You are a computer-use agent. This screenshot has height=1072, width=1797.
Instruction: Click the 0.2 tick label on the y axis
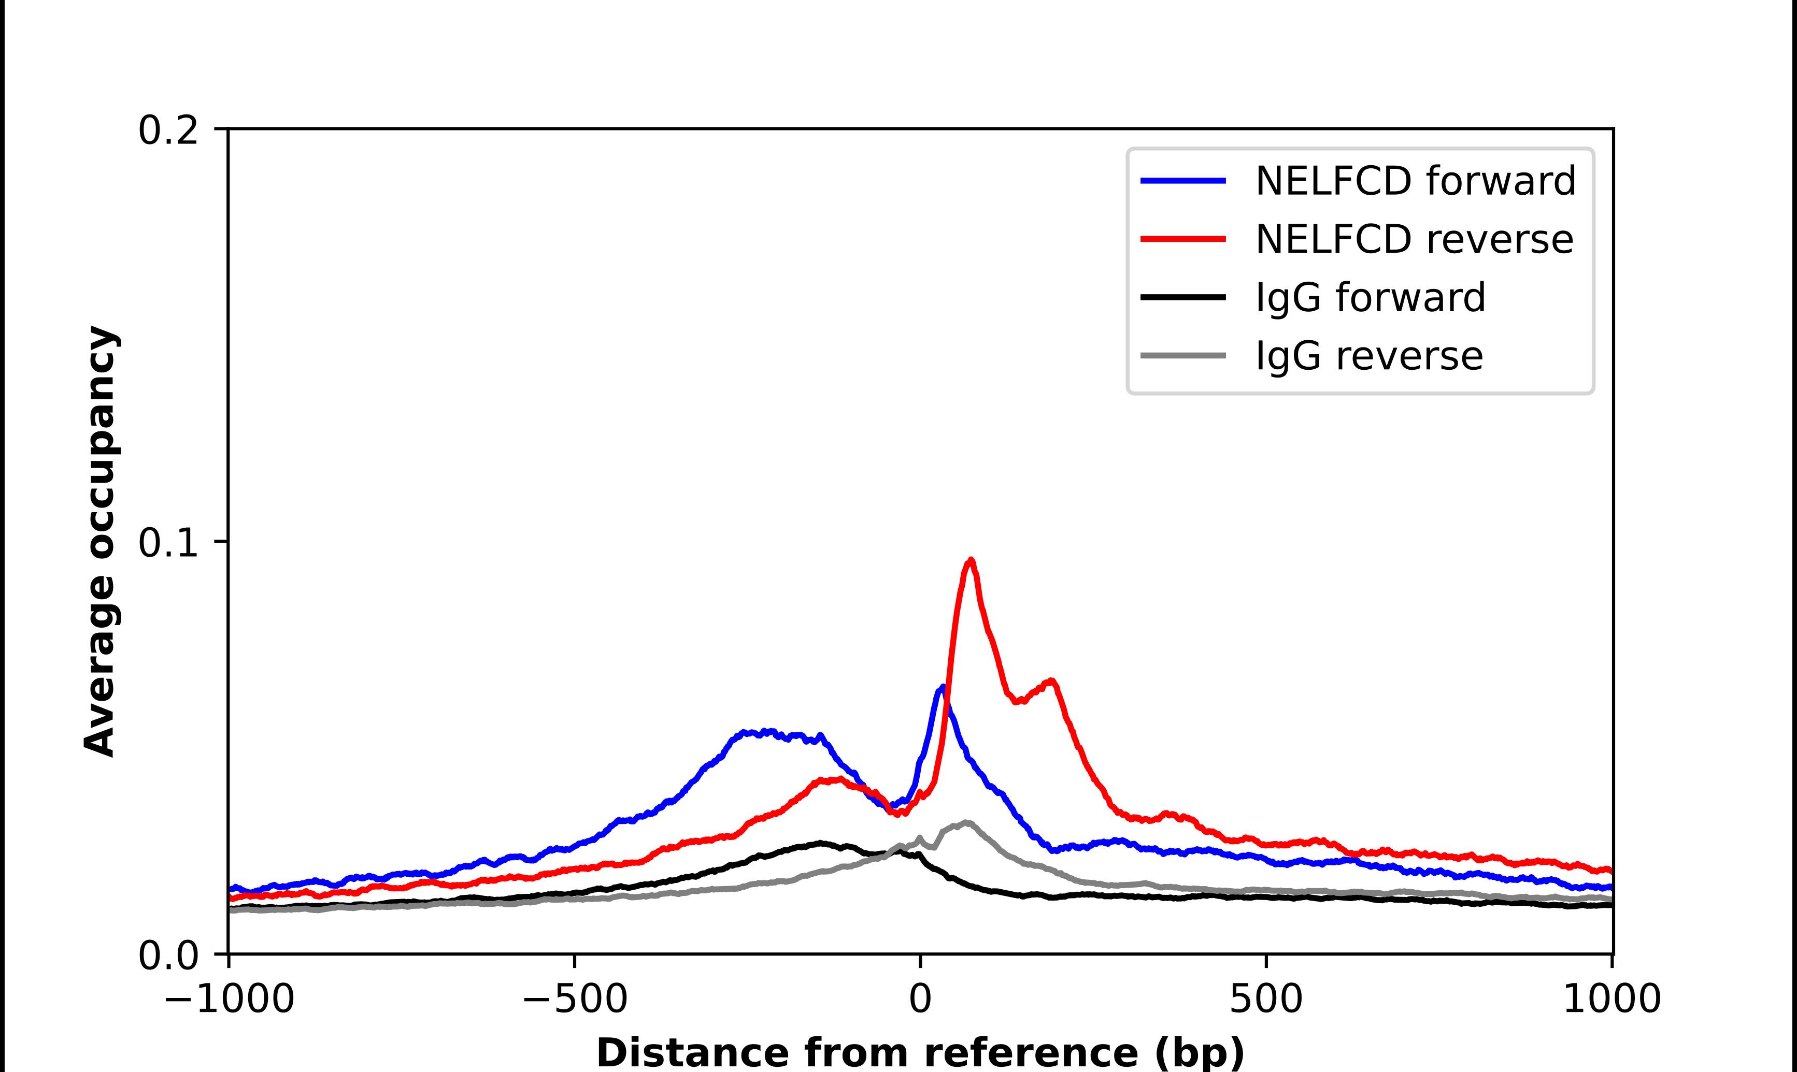[168, 131]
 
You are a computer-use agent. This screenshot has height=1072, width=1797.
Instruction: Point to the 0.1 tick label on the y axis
[168, 543]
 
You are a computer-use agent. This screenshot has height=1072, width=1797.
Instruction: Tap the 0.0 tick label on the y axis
[168, 955]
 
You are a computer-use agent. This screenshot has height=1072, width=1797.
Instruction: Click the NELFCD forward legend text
[1415, 181]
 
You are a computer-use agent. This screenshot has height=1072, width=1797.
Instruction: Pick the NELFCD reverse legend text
[1414, 239]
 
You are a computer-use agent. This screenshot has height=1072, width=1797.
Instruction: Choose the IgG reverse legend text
[1369, 355]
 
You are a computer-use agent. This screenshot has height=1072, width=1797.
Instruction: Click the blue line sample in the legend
[1183, 181]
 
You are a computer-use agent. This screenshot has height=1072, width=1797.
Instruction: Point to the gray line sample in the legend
[1183, 355]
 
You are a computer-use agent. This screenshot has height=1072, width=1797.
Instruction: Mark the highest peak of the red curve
[971, 560]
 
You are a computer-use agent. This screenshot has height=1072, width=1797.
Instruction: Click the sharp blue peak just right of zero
[942, 687]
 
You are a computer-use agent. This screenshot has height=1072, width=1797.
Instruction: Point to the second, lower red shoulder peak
[1052, 680]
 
